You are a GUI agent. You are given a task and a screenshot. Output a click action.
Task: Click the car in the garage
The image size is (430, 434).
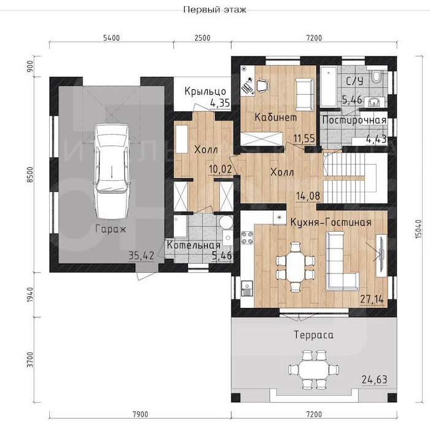tap(112, 172)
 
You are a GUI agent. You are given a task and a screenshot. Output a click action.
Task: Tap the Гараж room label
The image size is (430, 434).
tap(111, 229)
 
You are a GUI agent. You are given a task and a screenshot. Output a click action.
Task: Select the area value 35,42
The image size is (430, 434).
tap(141, 256)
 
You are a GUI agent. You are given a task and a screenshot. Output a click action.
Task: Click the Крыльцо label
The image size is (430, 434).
tap(205, 91)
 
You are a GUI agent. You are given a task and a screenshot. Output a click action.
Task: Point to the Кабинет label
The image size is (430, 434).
tap(276, 117)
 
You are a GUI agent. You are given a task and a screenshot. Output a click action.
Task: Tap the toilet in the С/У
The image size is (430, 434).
tap(376, 76)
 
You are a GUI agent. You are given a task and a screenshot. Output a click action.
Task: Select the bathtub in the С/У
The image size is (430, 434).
tap(329, 86)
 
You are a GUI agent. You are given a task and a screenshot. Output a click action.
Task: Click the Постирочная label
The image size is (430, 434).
tap(354, 120)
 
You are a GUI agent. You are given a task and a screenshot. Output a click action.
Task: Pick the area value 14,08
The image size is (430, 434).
tap(308, 196)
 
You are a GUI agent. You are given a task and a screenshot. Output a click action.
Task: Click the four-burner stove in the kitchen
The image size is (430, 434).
tap(247, 237)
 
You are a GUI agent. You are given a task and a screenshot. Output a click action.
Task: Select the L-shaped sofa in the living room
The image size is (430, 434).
tap(341, 262)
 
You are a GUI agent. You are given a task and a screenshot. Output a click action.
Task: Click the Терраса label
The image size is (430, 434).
tap(313, 335)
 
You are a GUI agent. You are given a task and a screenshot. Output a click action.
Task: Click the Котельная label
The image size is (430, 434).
tap(194, 245)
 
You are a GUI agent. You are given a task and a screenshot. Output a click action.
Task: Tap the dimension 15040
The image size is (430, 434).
tap(418, 229)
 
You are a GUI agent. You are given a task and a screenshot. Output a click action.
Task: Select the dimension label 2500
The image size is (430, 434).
tap(203, 37)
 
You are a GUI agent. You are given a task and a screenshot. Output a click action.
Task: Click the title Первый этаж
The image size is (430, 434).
tap(214, 10)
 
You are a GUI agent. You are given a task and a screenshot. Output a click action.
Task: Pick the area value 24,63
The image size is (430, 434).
tap(375, 379)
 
